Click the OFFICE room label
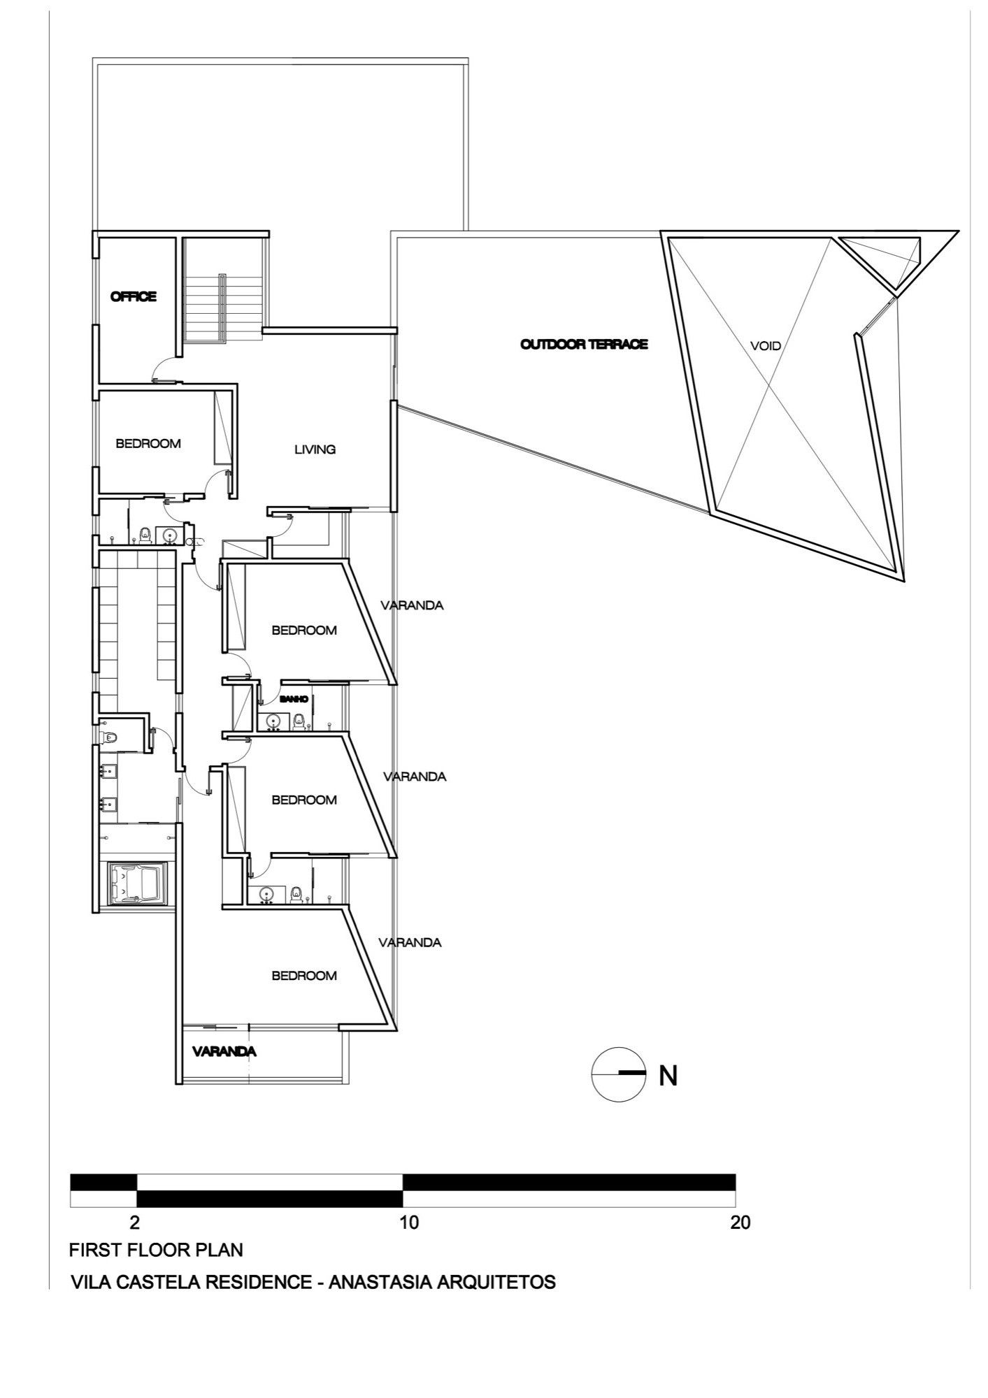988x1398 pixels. pyautogui.click(x=133, y=297)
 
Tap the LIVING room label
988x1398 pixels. pyautogui.click(x=315, y=449)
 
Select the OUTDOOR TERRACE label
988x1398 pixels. pyautogui.click(x=584, y=345)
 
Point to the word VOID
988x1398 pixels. pyautogui.click(x=765, y=346)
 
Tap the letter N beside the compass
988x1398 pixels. pyautogui.click(x=668, y=1076)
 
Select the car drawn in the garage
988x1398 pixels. pyautogui.click(x=138, y=883)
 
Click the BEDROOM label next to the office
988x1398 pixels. pyautogui.click(x=148, y=444)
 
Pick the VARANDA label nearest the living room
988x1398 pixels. pyautogui.click(x=412, y=605)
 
